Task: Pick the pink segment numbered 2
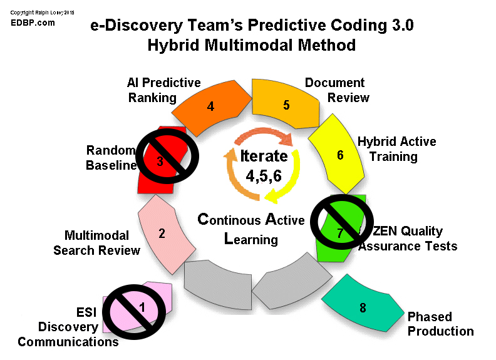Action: point(165,234)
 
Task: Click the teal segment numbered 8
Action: point(362,304)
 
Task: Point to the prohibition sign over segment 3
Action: point(167,156)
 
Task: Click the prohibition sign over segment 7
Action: point(342,222)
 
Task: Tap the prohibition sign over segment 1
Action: point(134,312)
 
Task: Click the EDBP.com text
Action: point(33,23)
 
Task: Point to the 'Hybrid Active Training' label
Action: point(396,149)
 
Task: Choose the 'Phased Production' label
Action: point(441,324)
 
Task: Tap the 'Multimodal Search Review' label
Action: point(96,243)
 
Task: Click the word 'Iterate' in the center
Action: point(264,156)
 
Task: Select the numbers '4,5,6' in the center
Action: point(264,176)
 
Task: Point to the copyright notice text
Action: point(42,13)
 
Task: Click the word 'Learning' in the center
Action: point(251,239)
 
